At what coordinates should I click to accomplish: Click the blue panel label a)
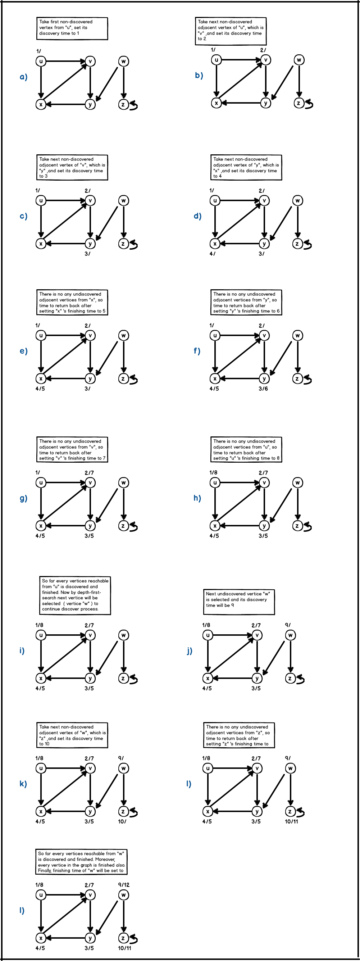[x=23, y=77]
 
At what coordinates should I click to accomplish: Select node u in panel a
[x=41, y=61]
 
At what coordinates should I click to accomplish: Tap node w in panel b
[x=299, y=60]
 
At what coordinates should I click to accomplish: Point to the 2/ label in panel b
[x=263, y=50]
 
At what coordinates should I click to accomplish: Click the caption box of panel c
[x=72, y=168]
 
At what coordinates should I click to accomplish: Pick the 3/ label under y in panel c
[x=87, y=254]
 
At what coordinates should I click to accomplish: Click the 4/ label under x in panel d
[x=212, y=254]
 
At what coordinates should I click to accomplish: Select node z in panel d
[x=297, y=244]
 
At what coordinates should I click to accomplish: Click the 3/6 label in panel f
[x=263, y=389]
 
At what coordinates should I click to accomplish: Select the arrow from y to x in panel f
[x=239, y=378]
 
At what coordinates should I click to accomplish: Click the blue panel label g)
[x=23, y=498]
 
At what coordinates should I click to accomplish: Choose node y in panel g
[x=90, y=526]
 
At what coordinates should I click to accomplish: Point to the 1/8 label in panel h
[x=213, y=473]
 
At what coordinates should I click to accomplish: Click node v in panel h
[x=264, y=483]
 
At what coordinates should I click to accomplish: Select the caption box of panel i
[x=75, y=595]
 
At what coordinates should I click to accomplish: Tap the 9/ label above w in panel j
[x=288, y=625]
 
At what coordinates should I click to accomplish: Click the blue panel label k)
[x=23, y=784]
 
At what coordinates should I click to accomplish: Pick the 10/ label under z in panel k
[x=122, y=821]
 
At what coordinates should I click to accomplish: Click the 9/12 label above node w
[x=124, y=885]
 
